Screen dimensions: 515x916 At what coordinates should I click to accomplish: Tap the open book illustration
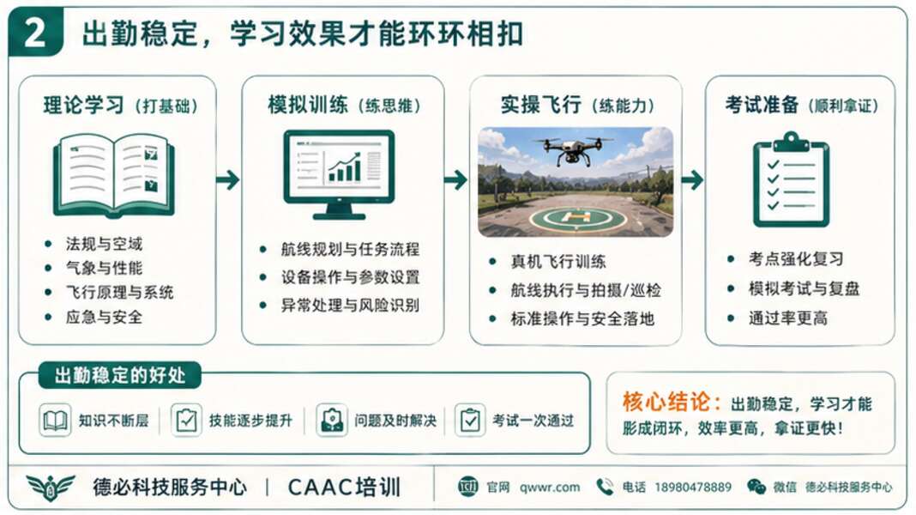click(113, 173)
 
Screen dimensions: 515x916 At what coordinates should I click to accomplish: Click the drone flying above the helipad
click(572, 149)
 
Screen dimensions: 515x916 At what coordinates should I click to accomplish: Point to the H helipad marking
click(579, 218)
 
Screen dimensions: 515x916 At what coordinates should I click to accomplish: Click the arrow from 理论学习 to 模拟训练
click(227, 179)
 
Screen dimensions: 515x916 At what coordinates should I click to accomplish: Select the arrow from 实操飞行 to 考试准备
click(692, 179)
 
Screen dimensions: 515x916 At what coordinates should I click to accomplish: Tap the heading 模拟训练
click(308, 106)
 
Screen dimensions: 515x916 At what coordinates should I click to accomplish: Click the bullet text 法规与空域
click(104, 243)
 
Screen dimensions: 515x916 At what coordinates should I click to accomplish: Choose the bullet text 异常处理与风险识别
click(350, 305)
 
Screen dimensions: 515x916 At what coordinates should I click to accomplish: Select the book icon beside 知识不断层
click(55, 421)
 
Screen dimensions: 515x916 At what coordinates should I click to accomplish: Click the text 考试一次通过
click(533, 421)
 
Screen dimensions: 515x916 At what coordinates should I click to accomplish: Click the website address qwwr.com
click(549, 487)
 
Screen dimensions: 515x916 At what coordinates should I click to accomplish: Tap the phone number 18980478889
click(693, 487)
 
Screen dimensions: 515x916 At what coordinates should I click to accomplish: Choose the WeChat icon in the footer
click(756, 487)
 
